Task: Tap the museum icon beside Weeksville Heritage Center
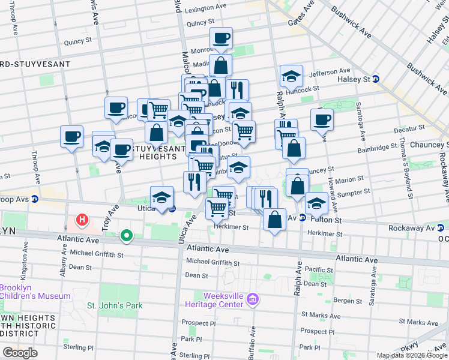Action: click(x=253, y=298)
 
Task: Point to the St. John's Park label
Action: click(x=115, y=305)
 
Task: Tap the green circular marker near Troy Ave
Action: click(x=126, y=236)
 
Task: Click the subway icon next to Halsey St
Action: click(x=375, y=79)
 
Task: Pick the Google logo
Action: click(x=20, y=353)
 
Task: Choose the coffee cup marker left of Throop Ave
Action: click(x=72, y=137)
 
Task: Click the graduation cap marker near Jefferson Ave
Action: click(x=291, y=76)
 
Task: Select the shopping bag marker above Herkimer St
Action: click(x=274, y=220)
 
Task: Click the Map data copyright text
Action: click(x=411, y=355)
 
